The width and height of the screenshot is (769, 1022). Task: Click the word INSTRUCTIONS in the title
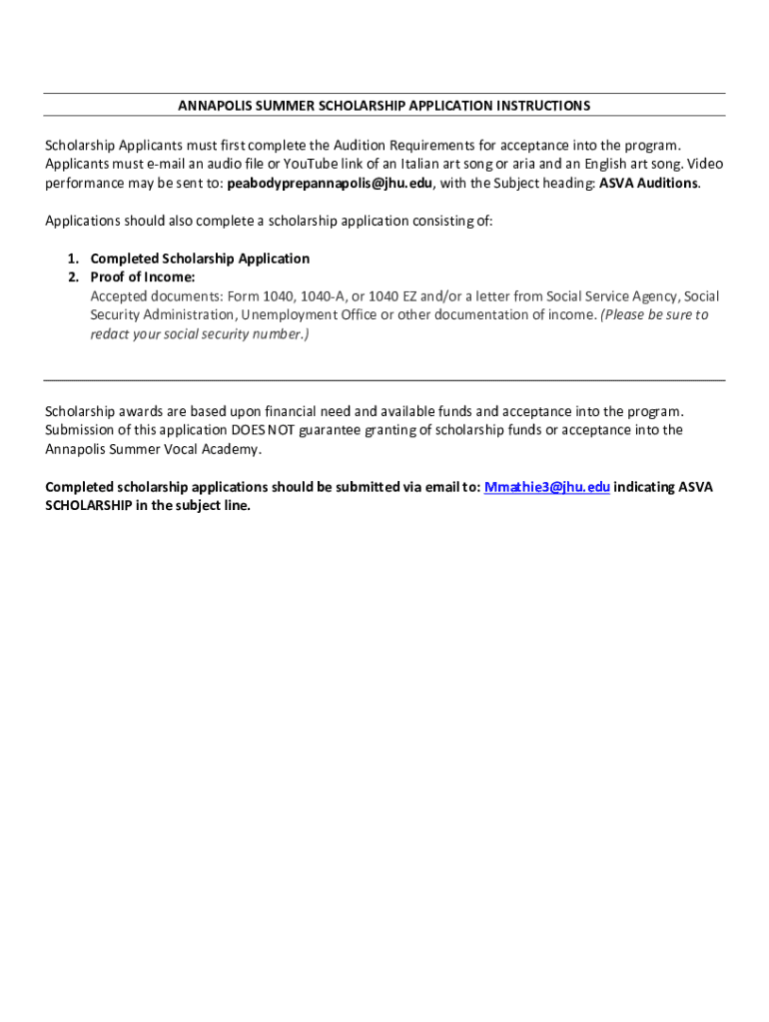pos(545,106)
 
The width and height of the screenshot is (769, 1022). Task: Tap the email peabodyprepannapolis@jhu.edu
pos(330,184)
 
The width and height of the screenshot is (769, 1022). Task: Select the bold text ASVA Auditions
pos(649,184)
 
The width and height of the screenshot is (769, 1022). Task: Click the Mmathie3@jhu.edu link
pos(546,487)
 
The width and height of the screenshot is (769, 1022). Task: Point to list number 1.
pos(73,258)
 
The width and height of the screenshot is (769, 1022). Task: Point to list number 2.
pos(73,277)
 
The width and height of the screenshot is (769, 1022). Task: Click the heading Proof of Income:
pos(143,277)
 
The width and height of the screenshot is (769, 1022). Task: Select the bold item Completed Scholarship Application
pos(200,258)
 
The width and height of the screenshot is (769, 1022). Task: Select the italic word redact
pos(110,334)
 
